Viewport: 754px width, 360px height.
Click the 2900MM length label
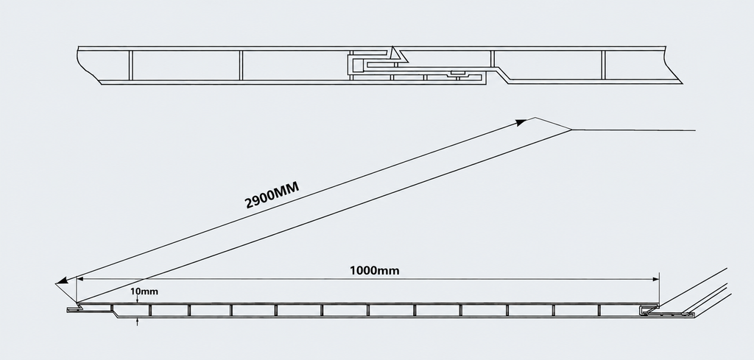pos(272,194)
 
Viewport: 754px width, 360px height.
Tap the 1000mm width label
pos(374,271)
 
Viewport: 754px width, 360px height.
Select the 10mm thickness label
pos(144,292)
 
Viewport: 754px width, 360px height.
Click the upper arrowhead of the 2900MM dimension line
pos(521,122)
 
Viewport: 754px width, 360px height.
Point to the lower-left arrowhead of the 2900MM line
pos(62,280)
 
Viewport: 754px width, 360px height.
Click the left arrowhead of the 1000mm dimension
pos(80,278)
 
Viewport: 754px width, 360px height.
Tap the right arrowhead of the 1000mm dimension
pos(655,279)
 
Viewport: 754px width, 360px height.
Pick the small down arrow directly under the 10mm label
pos(138,300)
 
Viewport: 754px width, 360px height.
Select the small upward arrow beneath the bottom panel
pos(138,321)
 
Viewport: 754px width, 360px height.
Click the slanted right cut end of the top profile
pos(673,66)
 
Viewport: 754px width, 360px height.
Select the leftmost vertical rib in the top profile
pos(130,65)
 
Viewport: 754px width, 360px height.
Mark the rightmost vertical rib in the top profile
pos(602,65)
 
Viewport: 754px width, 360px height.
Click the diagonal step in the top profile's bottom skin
pos(502,75)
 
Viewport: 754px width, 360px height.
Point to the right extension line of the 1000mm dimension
pos(659,289)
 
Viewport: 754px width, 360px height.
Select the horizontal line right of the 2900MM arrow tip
pos(633,130)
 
